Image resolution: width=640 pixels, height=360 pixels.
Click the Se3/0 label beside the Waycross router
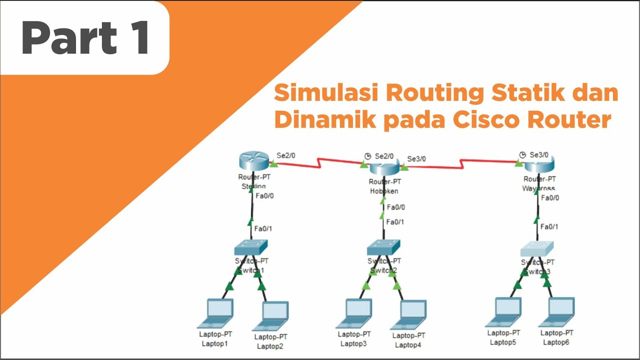(539, 154)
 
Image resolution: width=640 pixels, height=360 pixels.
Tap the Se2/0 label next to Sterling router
(286, 155)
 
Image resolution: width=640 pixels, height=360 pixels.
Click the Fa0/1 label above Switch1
(263, 228)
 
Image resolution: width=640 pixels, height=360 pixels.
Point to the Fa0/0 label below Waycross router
(550, 198)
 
